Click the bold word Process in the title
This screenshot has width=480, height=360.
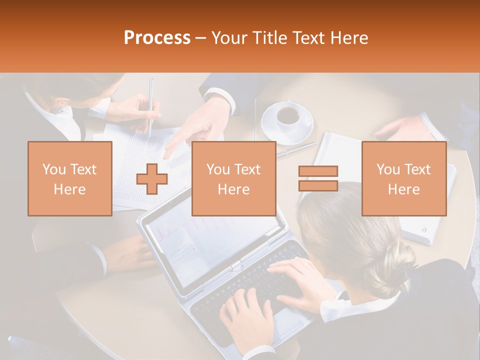coord(157,38)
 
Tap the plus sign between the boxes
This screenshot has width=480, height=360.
coord(152,179)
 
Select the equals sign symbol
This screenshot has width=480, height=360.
coord(318,178)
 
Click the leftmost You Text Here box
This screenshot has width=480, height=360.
coord(70,178)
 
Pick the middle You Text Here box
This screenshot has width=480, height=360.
coord(233,178)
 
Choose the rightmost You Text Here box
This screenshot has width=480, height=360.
coord(403,178)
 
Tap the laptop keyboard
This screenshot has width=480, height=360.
coord(250,285)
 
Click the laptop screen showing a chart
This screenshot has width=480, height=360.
coord(210,240)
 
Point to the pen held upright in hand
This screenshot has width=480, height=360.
coord(150,105)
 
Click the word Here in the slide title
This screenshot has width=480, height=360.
coord(349,38)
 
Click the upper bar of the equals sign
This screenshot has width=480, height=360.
coord(318,171)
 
